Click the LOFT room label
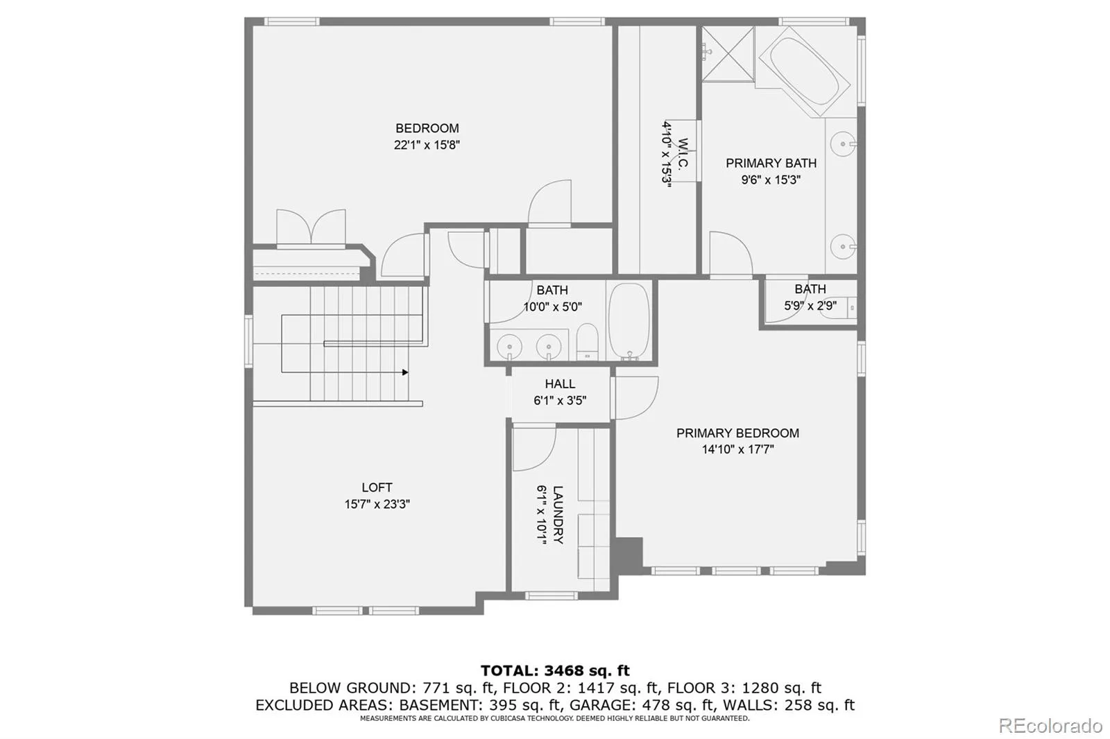pos(377,487)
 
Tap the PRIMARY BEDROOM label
pos(737,433)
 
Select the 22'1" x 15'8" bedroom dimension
pos(427,145)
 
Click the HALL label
pos(560,384)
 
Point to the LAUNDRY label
pos(558,514)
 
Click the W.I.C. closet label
pos(683,153)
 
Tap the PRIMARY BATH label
pos(771,163)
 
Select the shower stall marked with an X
pos(728,53)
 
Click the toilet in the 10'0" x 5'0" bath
pos(588,342)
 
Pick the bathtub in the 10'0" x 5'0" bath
pos(629,321)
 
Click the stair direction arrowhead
pos(405,372)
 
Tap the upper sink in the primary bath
pos(844,144)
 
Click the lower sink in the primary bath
pos(844,246)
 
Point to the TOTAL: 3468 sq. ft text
pos(555,670)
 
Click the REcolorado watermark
pos(1050,726)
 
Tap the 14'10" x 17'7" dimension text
pos(737,449)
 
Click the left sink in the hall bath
pos(509,345)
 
